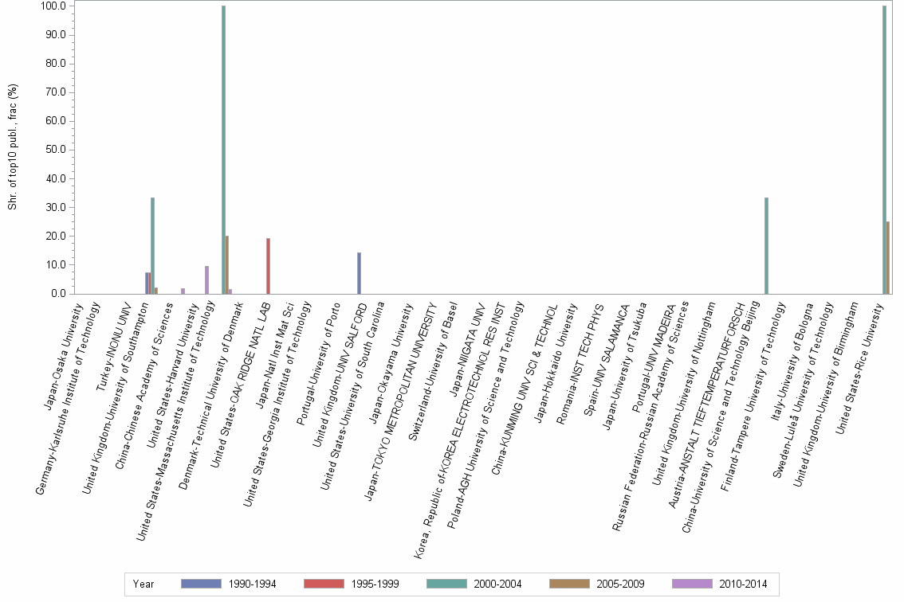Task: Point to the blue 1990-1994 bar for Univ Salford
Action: [359, 273]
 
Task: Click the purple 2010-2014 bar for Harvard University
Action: [206, 280]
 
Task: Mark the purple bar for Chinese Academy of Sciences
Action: [183, 291]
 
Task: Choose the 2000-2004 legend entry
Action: [474, 584]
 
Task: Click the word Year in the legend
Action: [143, 584]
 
